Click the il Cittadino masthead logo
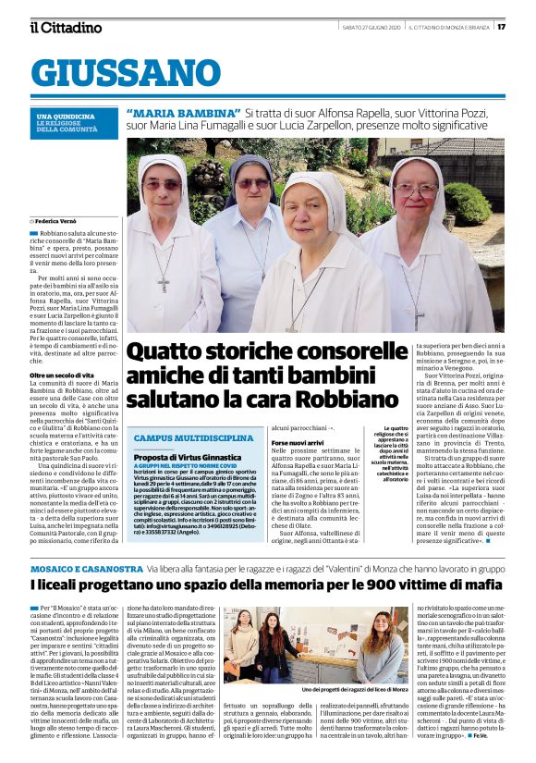pyautogui.click(x=65, y=27)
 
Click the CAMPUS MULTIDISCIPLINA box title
pyautogui.click(x=194, y=437)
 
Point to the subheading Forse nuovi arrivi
pyautogui.click(x=298, y=443)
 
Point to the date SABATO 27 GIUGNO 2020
pyautogui.click(x=369, y=27)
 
